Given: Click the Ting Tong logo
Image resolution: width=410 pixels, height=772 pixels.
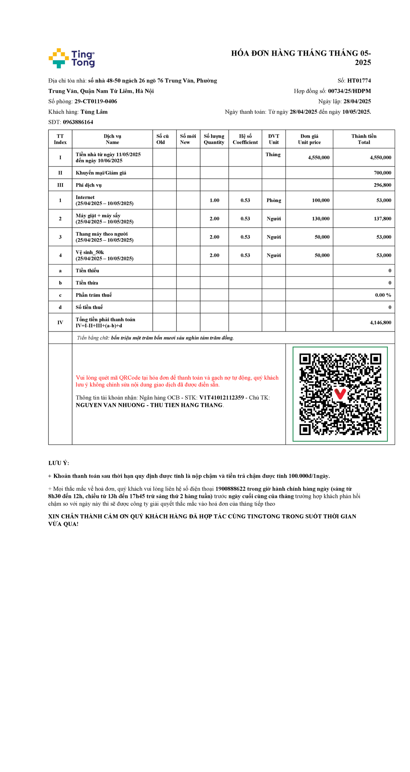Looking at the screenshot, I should click(72, 58).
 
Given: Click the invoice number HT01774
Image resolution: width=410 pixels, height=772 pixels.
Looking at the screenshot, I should click(359, 81).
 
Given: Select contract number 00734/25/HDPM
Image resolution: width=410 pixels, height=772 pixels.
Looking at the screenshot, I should click(349, 91).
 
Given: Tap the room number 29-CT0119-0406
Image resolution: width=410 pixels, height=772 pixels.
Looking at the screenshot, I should click(96, 101).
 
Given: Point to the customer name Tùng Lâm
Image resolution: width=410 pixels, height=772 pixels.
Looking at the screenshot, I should click(94, 112).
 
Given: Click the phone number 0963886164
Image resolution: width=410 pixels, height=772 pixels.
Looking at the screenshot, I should click(78, 122).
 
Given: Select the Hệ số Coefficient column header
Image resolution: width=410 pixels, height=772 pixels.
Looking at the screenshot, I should click(245, 139).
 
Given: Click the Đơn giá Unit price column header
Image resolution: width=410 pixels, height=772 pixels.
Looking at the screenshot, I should click(309, 139).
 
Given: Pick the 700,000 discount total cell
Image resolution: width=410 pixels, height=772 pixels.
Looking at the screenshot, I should click(382, 173).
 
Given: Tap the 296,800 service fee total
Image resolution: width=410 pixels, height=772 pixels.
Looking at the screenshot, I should click(382, 185).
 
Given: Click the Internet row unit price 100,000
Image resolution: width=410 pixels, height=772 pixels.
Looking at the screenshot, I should click(320, 200).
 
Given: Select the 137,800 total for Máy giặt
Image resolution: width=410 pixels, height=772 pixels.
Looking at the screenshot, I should click(382, 219).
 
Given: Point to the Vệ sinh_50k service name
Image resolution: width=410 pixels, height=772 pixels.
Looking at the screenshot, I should click(90, 252).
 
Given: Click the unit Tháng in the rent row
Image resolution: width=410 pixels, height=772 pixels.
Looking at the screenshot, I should click(273, 154).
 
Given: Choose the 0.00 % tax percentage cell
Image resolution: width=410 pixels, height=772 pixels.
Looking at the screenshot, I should click(383, 295).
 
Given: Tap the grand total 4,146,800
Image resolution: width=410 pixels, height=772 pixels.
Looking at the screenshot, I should click(380, 323).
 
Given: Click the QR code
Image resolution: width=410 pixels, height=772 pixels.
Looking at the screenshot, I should click(340, 394).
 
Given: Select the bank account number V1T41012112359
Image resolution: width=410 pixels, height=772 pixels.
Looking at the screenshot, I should click(221, 397).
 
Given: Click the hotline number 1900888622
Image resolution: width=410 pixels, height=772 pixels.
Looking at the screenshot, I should click(230, 489).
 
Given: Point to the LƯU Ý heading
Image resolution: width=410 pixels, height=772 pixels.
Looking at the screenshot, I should click(58, 463).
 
